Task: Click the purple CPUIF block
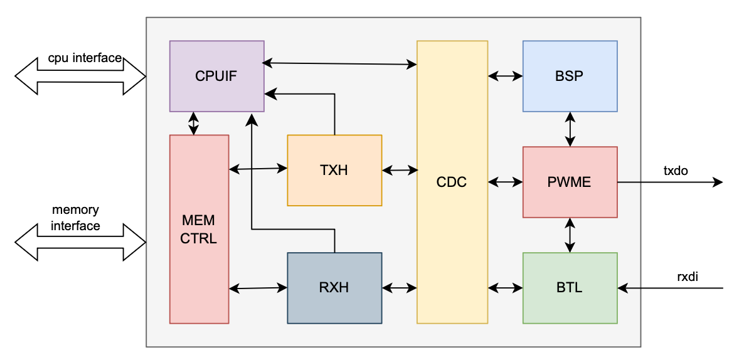point(217,76)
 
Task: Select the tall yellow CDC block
point(452,182)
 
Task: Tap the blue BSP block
point(570,76)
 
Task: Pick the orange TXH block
point(334,170)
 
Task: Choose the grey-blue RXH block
point(334,288)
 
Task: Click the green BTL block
point(570,288)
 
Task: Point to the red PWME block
point(570,182)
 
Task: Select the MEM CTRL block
point(199,229)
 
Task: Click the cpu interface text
point(85,58)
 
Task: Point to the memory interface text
point(76,218)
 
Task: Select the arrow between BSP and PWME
point(570,129)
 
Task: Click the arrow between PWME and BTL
point(570,235)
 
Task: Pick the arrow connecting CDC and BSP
point(506,76)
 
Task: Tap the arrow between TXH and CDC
point(400,170)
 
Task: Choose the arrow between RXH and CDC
point(400,288)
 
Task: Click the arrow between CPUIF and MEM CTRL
point(193,123)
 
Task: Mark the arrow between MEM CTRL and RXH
point(258,288)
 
